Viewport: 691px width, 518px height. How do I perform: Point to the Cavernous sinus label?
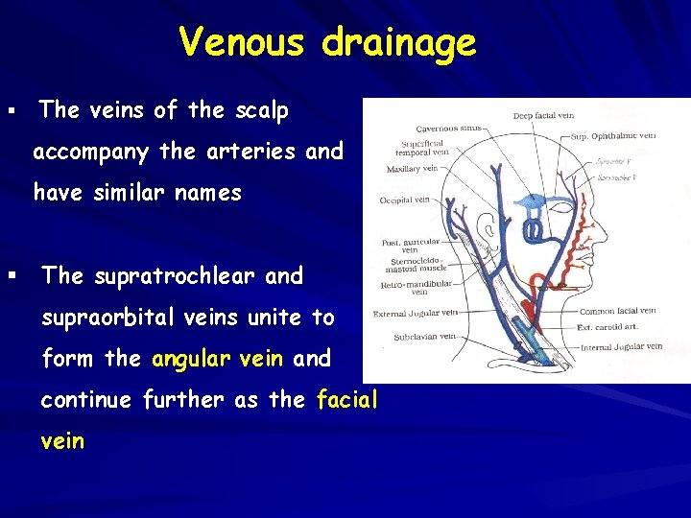coord(448,129)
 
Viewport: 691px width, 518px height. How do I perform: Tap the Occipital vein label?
coord(405,200)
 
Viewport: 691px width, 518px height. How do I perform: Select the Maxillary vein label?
coord(412,169)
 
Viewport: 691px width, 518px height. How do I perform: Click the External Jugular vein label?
coord(416,313)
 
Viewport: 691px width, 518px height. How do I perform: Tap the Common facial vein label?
coord(617,311)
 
